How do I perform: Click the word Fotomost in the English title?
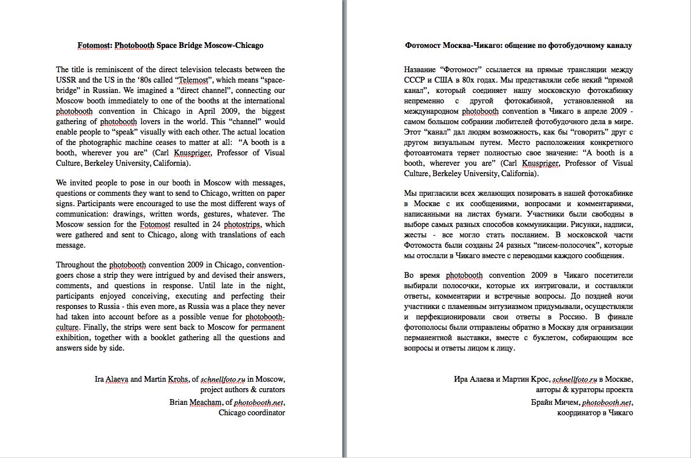(x=95, y=45)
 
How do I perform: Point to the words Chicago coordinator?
(x=252, y=413)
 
